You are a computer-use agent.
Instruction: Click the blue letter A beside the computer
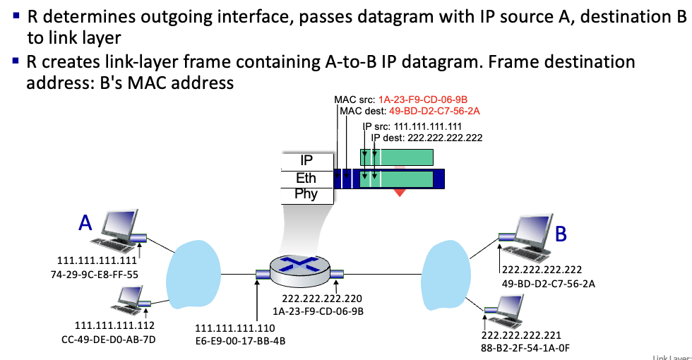[x=85, y=222]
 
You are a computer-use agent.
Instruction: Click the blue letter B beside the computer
[x=561, y=234]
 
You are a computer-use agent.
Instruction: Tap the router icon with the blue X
[x=300, y=270]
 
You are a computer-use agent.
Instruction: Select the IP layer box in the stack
[x=306, y=161]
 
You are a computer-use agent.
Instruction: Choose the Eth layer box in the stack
[x=306, y=178]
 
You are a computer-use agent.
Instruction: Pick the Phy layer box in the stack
[x=306, y=195]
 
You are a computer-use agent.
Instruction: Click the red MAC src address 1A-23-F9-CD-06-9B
[x=423, y=100]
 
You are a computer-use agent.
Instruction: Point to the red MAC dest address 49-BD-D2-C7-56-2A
[x=434, y=112]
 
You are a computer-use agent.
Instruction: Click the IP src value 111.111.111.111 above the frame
[x=428, y=126]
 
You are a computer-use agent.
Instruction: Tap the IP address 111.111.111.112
[x=114, y=325]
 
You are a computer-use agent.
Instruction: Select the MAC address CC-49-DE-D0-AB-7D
[x=109, y=340]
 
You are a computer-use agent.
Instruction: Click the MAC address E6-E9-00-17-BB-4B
[x=241, y=341]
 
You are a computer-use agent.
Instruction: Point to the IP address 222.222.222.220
[x=322, y=299]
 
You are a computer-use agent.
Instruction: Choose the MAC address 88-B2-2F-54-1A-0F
[x=525, y=348]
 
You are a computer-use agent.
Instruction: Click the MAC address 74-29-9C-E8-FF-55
[x=95, y=275]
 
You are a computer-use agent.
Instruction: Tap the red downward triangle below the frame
[x=400, y=192]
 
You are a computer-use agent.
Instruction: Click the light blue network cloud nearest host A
[x=193, y=275]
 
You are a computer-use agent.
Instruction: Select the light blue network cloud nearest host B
[x=446, y=275]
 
